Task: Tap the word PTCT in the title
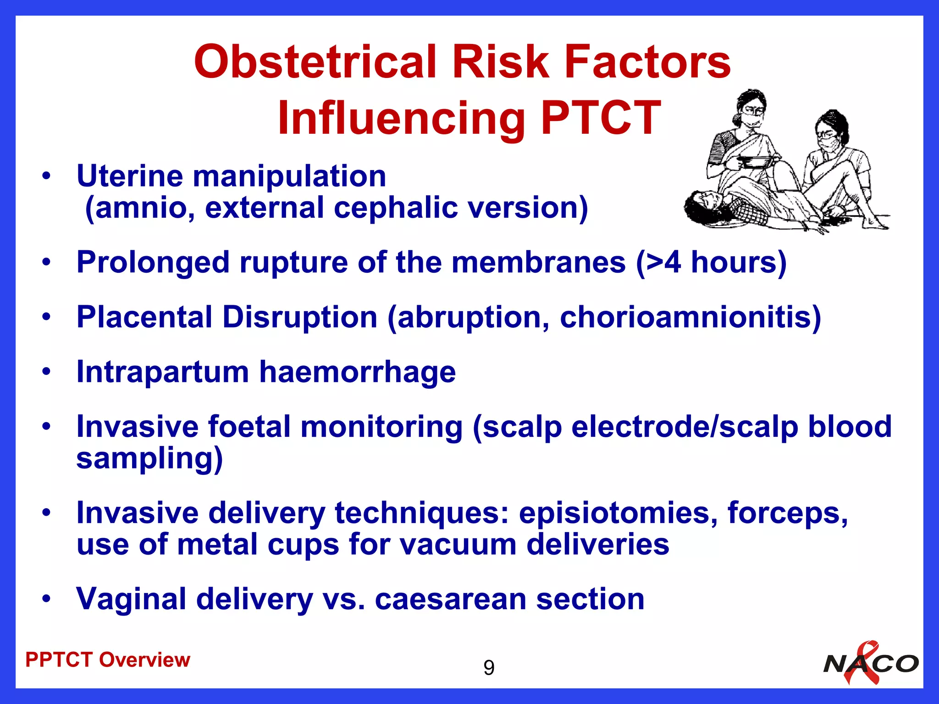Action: pos(601,118)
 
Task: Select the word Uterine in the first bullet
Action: pos(129,176)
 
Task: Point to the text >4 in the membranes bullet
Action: pos(660,263)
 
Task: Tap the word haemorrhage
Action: pos(358,372)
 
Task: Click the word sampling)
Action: pos(149,459)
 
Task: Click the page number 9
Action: pos(489,668)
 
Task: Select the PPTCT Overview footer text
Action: pos(108,660)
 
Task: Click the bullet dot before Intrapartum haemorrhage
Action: pos(46,372)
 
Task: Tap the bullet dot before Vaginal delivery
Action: pos(46,599)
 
